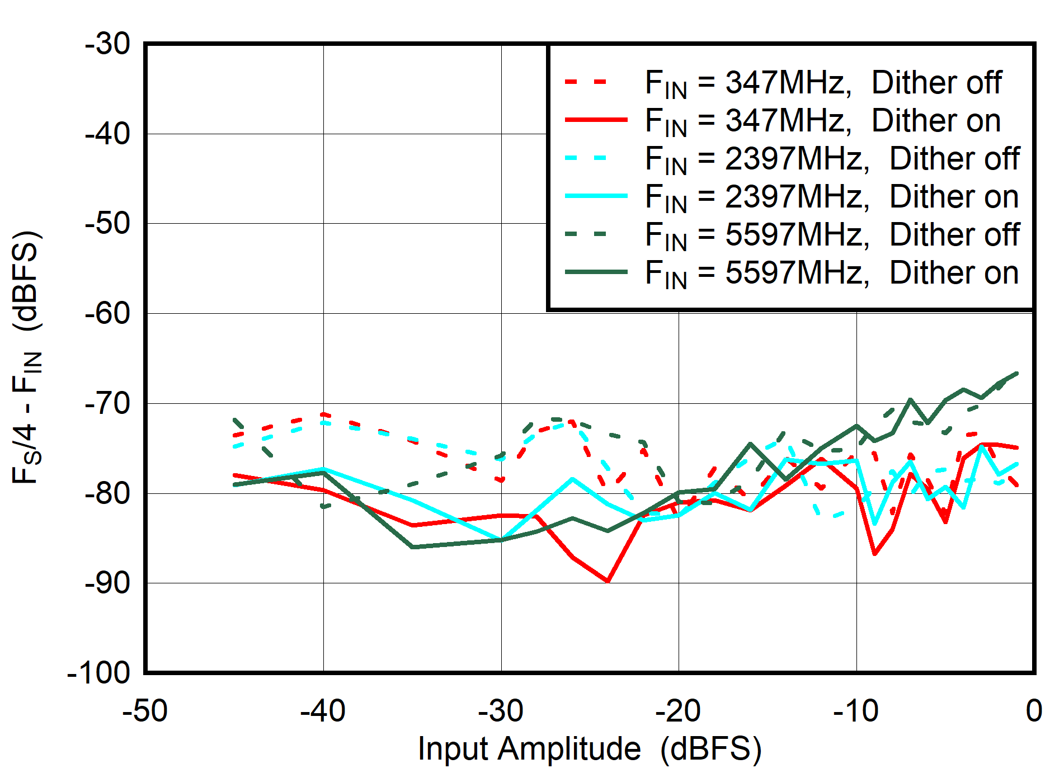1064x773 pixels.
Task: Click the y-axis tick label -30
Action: pyautogui.click(x=107, y=44)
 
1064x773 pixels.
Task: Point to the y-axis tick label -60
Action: pyautogui.click(x=107, y=313)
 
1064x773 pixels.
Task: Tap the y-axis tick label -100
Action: pyautogui.click(x=98, y=672)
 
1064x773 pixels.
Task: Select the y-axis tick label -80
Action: pyautogui.click(x=107, y=493)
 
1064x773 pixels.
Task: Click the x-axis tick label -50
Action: pyautogui.click(x=145, y=711)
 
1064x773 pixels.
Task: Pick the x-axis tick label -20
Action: pyautogui.click(x=678, y=711)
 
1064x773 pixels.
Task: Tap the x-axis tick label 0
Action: pyautogui.click(x=1034, y=711)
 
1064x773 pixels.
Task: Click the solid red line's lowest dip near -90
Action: pyautogui.click(x=608, y=581)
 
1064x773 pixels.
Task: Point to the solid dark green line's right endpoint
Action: pyautogui.click(x=1016, y=373)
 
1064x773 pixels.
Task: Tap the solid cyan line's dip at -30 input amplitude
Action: pyautogui.click(x=501, y=539)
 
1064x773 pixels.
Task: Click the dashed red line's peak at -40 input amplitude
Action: pyautogui.click(x=323, y=414)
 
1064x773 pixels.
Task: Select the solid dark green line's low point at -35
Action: pyautogui.click(x=412, y=546)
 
